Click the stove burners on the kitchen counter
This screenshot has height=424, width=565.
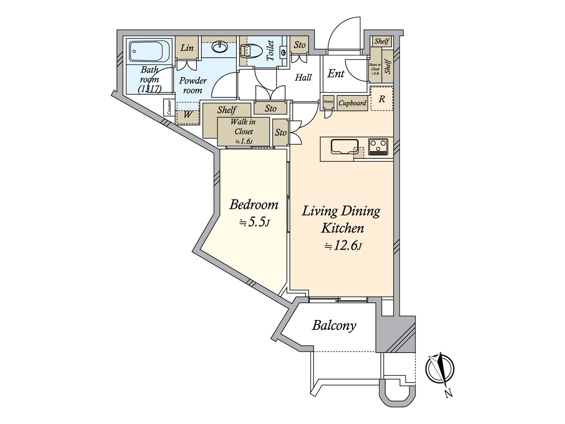point(378,146)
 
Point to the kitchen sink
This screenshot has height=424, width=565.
point(345,146)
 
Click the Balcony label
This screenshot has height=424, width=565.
point(334,325)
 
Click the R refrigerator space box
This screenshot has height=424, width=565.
point(382,99)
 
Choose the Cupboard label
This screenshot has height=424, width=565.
point(352,103)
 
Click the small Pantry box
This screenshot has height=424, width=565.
point(328,102)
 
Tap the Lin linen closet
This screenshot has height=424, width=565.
point(187,48)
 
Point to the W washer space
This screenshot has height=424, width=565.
point(188,115)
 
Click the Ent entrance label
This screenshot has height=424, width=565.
point(336,74)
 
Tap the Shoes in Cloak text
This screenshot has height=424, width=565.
point(375,69)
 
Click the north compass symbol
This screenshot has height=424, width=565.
point(440,369)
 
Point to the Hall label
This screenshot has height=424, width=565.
point(303,77)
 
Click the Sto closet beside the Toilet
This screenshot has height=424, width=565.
point(299,45)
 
